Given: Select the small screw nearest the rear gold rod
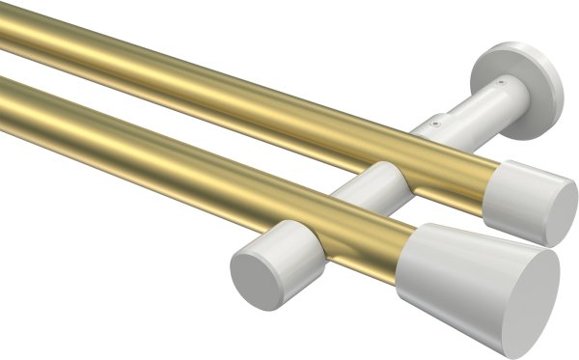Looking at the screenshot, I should tap(435, 123).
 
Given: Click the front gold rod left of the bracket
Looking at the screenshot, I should tap(145, 145).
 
